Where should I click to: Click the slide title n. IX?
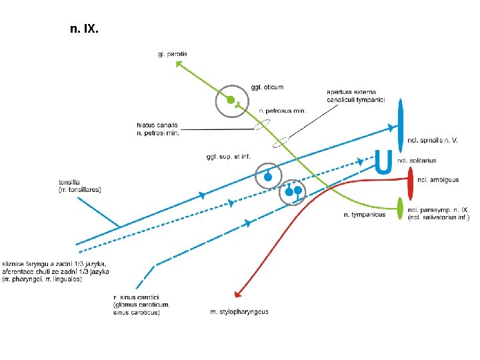[84, 29]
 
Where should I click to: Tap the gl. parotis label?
[173, 53]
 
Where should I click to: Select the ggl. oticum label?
[267, 87]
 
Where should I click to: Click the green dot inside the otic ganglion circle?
[230, 101]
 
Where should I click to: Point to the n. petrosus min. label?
[282, 111]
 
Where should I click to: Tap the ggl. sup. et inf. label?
[229, 157]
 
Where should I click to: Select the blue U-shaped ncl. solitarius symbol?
[383, 162]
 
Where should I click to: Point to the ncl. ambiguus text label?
[438, 179]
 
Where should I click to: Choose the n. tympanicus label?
[364, 215]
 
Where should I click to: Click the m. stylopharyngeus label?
[239, 311]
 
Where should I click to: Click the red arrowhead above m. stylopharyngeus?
[237, 293]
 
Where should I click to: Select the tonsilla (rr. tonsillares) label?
[79, 185]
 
